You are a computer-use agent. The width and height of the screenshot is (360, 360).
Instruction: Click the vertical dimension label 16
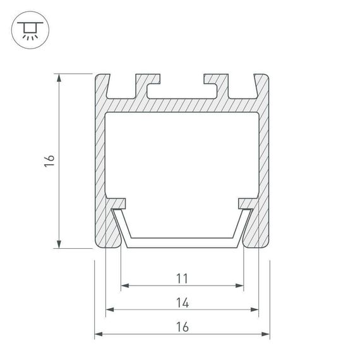coord(50,161)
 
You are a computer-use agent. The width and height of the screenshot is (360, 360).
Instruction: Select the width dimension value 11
coord(182,277)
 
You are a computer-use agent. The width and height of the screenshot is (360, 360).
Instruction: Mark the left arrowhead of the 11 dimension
coord(124,285)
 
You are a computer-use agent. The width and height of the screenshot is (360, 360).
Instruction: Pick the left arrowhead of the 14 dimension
coord(109,310)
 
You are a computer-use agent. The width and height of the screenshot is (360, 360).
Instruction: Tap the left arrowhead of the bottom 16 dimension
coord(98,335)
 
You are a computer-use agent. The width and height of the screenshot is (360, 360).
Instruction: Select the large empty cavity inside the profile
coord(182,155)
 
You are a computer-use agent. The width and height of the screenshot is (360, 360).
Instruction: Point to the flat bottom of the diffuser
coord(182,243)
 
